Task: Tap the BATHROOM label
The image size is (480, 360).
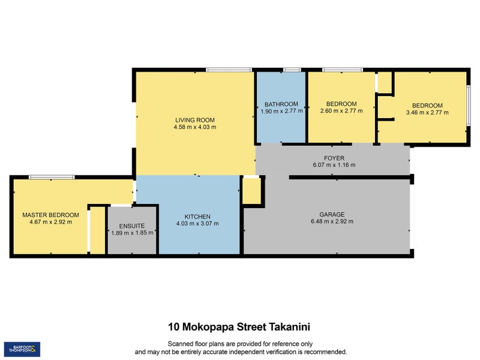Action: pos(281,104)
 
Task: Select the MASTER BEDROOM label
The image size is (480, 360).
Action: pos(50,215)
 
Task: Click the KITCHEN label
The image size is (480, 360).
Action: pos(197,216)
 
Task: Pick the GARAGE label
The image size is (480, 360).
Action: pos(331,214)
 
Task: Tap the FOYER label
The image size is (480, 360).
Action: pos(334,158)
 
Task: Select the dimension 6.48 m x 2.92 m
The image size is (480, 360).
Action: pos(331,221)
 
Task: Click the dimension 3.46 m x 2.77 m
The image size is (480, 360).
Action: pos(424,112)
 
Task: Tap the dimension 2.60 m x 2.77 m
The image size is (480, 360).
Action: pos(338,111)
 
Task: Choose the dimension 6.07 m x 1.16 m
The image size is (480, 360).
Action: pos(334,165)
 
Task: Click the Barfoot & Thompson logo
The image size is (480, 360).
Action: pos(22,348)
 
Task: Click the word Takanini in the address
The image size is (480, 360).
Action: pos(288,327)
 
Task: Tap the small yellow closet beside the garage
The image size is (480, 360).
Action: pos(252,191)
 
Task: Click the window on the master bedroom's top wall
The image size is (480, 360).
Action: pos(52,177)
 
